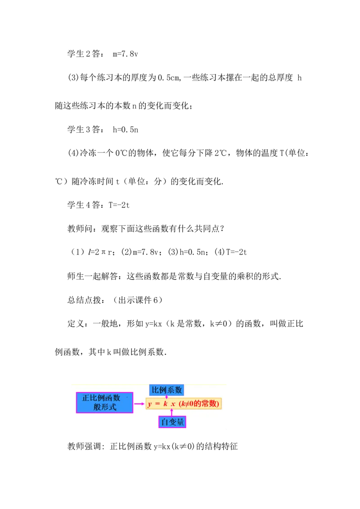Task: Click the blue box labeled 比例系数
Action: tap(166, 390)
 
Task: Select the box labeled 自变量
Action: tap(172, 422)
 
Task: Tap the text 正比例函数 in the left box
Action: tap(101, 398)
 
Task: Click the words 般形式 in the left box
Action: tap(105, 407)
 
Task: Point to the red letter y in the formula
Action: tap(149, 404)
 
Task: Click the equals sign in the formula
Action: tap(157, 404)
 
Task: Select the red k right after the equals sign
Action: tap(166, 404)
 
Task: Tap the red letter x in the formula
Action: tap(173, 404)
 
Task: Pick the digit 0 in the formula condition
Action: tap(192, 404)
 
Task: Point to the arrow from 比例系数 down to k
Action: tap(166, 397)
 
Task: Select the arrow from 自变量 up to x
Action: tap(172, 413)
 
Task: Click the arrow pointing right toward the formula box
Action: tap(139, 404)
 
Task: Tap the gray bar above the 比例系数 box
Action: tap(166, 383)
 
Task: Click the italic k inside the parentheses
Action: tap(183, 404)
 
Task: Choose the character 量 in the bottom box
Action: tap(181, 422)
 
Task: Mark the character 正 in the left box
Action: tap(86, 398)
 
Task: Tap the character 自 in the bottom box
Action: tap(164, 422)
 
